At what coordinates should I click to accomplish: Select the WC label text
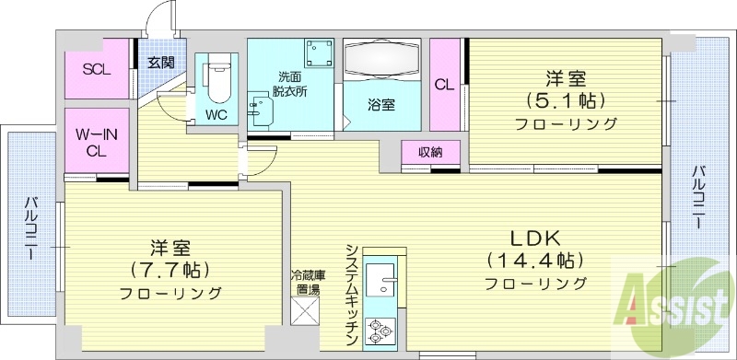pos(216,115)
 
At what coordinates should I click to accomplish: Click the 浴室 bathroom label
pos(382,104)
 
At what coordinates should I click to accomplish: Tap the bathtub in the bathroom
pos(381,60)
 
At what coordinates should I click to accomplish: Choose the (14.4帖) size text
pos(534,259)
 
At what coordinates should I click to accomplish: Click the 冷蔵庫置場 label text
pos(308,282)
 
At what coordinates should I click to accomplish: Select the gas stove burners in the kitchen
pos(379,330)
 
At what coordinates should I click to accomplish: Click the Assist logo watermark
pos(673,300)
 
